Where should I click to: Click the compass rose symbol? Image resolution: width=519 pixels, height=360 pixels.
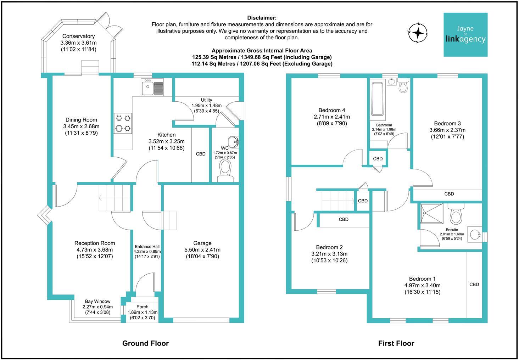click(x=418, y=33)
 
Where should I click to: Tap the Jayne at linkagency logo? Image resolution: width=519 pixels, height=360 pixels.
click(x=465, y=34)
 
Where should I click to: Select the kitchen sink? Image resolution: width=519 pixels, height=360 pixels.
click(x=152, y=87)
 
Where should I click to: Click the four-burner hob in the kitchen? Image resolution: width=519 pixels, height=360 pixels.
click(x=123, y=123)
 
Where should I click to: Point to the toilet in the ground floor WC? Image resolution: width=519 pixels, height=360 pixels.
click(x=225, y=171)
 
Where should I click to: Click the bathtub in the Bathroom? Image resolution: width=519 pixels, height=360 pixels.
click(x=377, y=99)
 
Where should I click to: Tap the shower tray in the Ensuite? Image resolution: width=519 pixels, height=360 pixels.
click(x=431, y=213)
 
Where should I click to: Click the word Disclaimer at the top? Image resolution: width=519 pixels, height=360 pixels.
click(x=262, y=18)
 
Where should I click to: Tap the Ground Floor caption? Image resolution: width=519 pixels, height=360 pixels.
click(x=145, y=343)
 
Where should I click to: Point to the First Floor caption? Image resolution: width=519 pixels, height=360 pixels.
click(x=396, y=343)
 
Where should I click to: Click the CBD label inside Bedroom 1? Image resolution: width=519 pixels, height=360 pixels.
click(x=474, y=284)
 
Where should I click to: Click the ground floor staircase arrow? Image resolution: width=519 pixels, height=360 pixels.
click(x=115, y=198)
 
